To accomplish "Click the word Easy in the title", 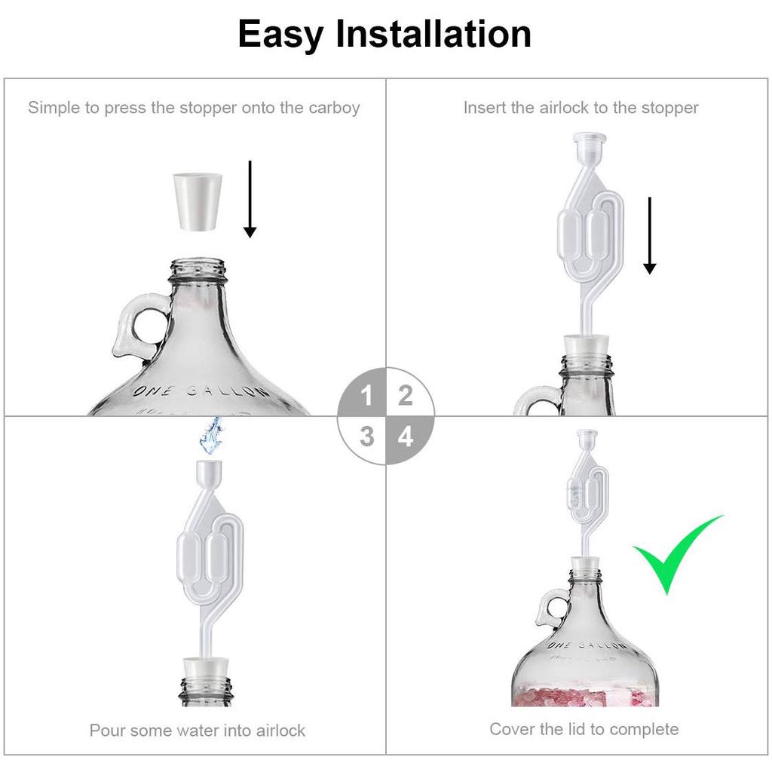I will pyautogui.click(x=280, y=35).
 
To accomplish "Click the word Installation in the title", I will pyautogui.click(x=433, y=35).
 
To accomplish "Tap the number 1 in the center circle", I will pyautogui.click(x=366, y=395).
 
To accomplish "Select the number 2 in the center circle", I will pyautogui.click(x=406, y=395).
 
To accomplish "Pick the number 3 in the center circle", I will pyautogui.click(x=366, y=436).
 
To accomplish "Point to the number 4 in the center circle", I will pyautogui.click(x=406, y=436).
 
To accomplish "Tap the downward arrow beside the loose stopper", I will pyautogui.click(x=250, y=199).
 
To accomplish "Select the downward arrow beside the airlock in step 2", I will pyautogui.click(x=650, y=235).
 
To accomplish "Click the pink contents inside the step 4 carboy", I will pyautogui.click(x=584, y=694).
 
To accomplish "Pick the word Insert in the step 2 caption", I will pyautogui.click(x=484, y=108).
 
